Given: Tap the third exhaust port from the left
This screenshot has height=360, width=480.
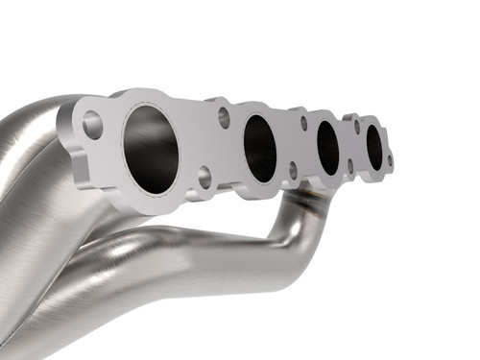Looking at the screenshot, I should coord(327,147).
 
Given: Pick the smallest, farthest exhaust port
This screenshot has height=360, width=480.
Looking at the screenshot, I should coord(374,147).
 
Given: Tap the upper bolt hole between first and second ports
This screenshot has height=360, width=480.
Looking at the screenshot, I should coord(223,116).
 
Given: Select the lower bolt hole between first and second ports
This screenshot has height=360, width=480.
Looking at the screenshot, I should coord(204,177).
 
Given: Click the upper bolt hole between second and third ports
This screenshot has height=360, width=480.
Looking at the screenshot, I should coord(303,122).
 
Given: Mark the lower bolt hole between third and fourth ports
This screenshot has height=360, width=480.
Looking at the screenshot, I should coord(349,166).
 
